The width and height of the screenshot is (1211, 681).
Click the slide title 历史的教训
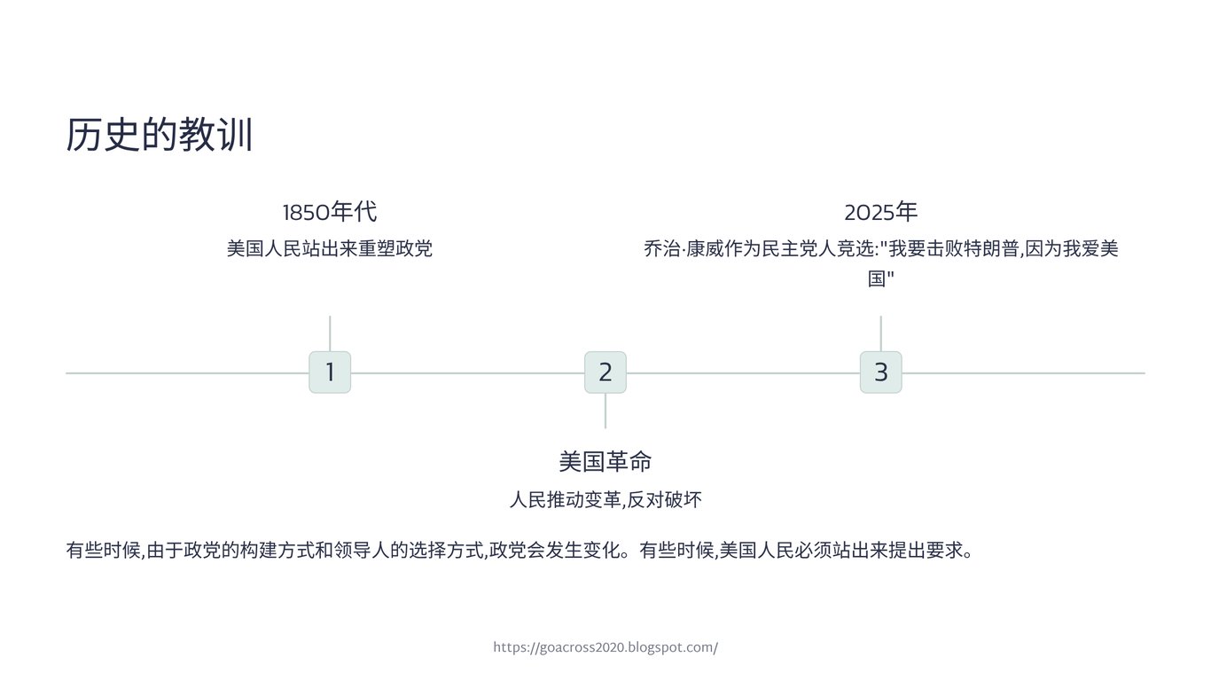(160, 136)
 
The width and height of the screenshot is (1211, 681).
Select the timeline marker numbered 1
(330, 372)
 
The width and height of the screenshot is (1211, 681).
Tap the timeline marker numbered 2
(605, 372)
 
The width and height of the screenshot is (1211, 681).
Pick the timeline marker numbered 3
(880, 372)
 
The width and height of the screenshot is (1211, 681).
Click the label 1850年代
(330, 213)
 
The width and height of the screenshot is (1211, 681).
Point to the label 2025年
(880, 213)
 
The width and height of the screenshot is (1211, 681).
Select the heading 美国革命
(605, 462)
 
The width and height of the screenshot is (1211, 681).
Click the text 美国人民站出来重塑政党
(330, 248)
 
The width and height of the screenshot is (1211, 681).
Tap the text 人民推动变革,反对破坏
(605, 500)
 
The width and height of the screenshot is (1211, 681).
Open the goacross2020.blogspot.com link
(605, 647)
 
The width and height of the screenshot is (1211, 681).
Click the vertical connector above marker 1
(330, 333)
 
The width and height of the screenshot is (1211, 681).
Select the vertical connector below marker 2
(605, 411)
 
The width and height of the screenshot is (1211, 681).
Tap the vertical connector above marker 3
(880, 333)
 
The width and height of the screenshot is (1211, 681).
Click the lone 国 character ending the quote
(877, 279)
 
